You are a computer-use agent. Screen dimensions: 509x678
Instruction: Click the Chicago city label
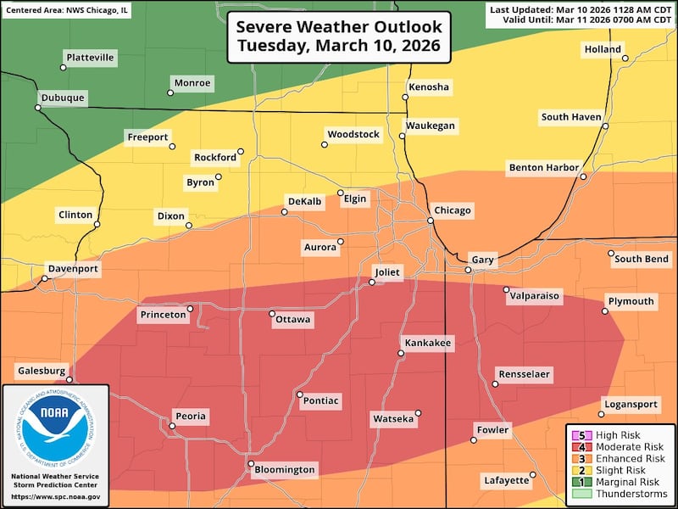pos(452,210)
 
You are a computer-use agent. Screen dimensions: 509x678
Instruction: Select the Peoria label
pos(191,417)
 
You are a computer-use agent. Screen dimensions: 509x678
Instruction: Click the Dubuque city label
pos(63,98)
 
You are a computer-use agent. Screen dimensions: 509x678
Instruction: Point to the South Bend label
pos(642,259)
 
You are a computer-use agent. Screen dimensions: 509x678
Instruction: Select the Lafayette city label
pos(507,480)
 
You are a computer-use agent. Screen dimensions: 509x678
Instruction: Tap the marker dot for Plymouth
pos(605,311)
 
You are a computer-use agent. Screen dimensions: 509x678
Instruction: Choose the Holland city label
pos(603,50)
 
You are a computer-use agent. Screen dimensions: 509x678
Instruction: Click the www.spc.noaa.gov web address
pos(55,496)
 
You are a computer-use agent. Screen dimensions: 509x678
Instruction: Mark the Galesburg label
pos(41,371)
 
